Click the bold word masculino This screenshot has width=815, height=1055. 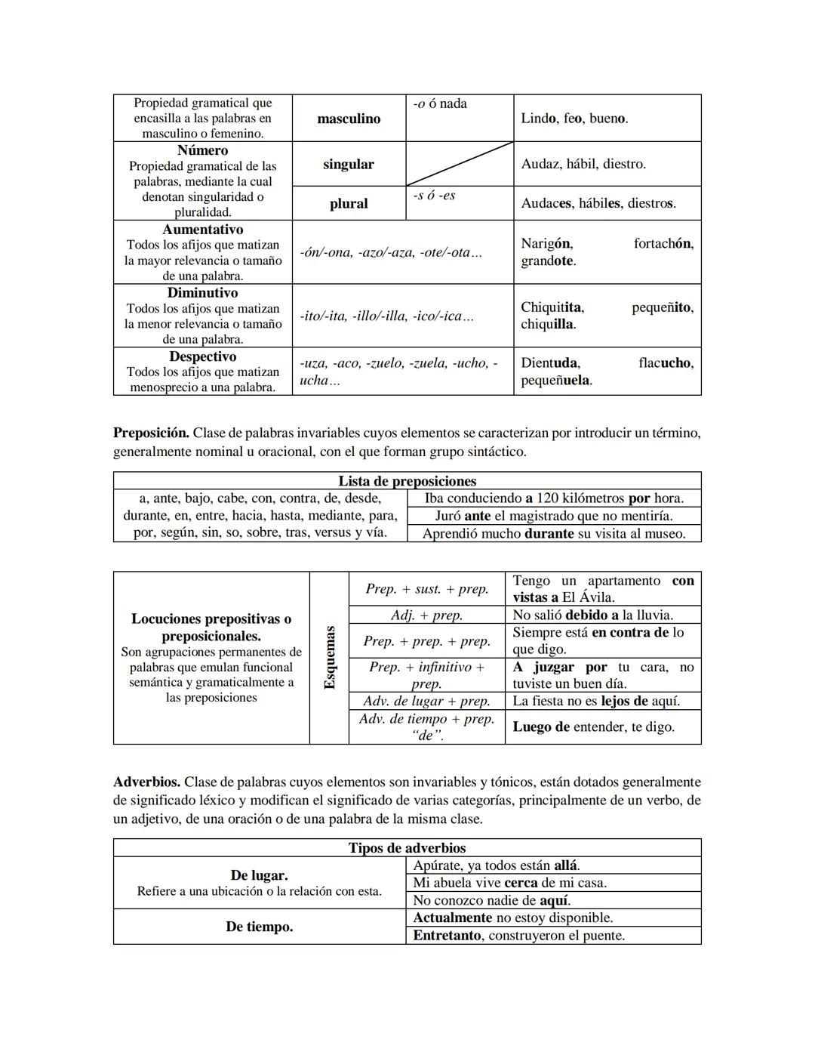pyautogui.click(x=349, y=119)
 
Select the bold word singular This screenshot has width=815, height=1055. pyautogui.click(x=349, y=164)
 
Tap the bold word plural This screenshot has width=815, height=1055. pyautogui.click(x=349, y=203)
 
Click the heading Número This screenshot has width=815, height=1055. pyautogui.click(x=202, y=150)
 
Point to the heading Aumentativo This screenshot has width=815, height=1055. pyautogui.click(x=202, y=229)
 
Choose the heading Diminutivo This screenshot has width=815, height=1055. pyautogui.click(x=202, y=292)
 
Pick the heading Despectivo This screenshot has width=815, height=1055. pyautogui.click(x=202, y=356)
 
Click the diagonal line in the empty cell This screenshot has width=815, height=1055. pyautogui.click(x=460, y=164)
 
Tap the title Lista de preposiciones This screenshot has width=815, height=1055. pyautogui.click(x=407, y=481)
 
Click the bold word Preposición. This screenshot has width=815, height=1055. pyautogui.click(x=151, y=433)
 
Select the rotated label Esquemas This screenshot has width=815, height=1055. pyautogui.click(x=330, y=657)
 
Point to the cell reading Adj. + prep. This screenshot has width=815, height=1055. pyautogui.click(x=426, y=615)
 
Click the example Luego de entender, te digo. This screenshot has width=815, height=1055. pyautogui.click(x=593, y=726)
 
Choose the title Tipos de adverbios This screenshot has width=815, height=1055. pyautogui.click(x=407, y=847)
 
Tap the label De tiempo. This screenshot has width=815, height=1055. pyautogui.click(x=259, y=927)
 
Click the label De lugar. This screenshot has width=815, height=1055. pyautogui.click(x=259, y=875)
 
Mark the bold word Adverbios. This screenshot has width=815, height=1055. pyautogui.click(x=146, y=782)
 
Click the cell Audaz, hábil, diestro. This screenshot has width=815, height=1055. pyautogui.click(x=583, y=164)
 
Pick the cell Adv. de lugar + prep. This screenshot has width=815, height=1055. pyautogui.click(x=426, y=701)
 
